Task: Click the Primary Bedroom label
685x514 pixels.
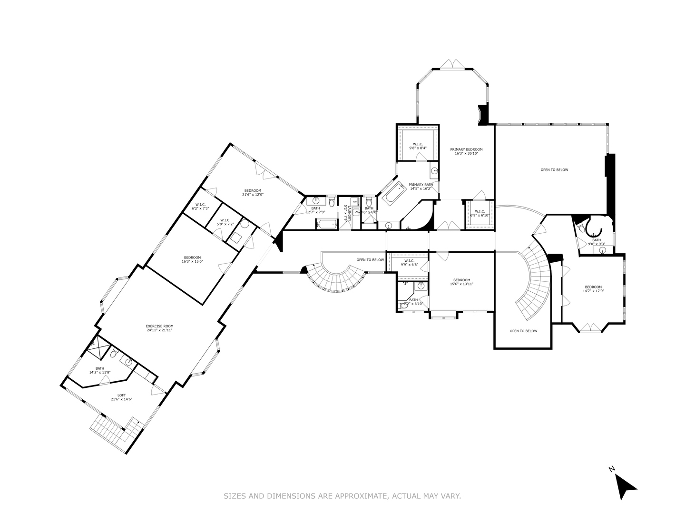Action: pyautogui.click(x=466, y=151)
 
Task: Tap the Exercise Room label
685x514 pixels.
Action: pyautogui.click(x=159, y=328)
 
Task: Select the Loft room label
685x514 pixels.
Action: pyautogui.click(x=121, y=397)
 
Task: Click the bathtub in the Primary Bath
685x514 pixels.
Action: pyautogui.click(x=393, y=193)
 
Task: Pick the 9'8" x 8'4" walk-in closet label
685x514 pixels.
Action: pyautogui.click(x=418, y=146)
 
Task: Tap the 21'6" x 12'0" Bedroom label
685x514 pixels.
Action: pyautogui.click(x=253, y=192)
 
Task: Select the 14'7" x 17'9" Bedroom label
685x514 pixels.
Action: pyautogui.click(x=593, y=289)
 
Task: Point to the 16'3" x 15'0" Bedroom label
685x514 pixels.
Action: pyautogui.click(x=192, y=259)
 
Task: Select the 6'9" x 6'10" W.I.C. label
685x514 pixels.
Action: pyautogui.click(x=479, y=213)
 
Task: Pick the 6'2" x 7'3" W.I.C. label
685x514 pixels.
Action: pyautogui.click(x=200, y=207)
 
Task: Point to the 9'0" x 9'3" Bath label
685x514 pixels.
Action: pyautogui.click(x=596, y=242)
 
